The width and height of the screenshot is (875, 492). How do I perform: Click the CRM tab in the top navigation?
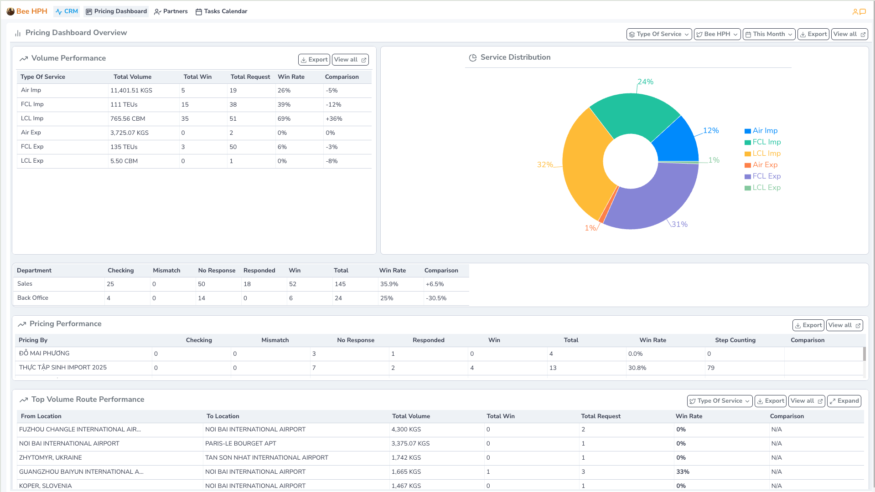67,11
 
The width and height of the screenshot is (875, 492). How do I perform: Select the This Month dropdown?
769,34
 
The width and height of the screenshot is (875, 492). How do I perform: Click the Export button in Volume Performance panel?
314,60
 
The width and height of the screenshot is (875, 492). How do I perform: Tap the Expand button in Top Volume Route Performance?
844,401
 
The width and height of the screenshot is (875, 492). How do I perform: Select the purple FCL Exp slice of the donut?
652,200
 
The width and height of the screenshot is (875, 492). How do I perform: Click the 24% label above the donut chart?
645,82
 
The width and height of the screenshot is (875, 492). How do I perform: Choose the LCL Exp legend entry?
766,188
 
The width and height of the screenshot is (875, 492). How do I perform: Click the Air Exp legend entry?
765,165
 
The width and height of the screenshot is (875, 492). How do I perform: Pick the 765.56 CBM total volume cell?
128,119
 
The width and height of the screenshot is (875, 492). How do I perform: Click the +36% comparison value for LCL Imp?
334,119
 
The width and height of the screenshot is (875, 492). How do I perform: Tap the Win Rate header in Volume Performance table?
291,77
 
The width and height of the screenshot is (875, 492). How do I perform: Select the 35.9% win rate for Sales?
389,284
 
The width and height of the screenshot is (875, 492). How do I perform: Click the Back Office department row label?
33,298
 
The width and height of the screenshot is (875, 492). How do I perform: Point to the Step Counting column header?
735,340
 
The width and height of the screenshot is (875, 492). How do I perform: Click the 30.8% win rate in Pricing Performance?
637,368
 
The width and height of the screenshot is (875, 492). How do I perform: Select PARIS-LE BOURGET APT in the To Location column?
241,444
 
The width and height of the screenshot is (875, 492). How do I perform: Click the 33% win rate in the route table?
683,472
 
